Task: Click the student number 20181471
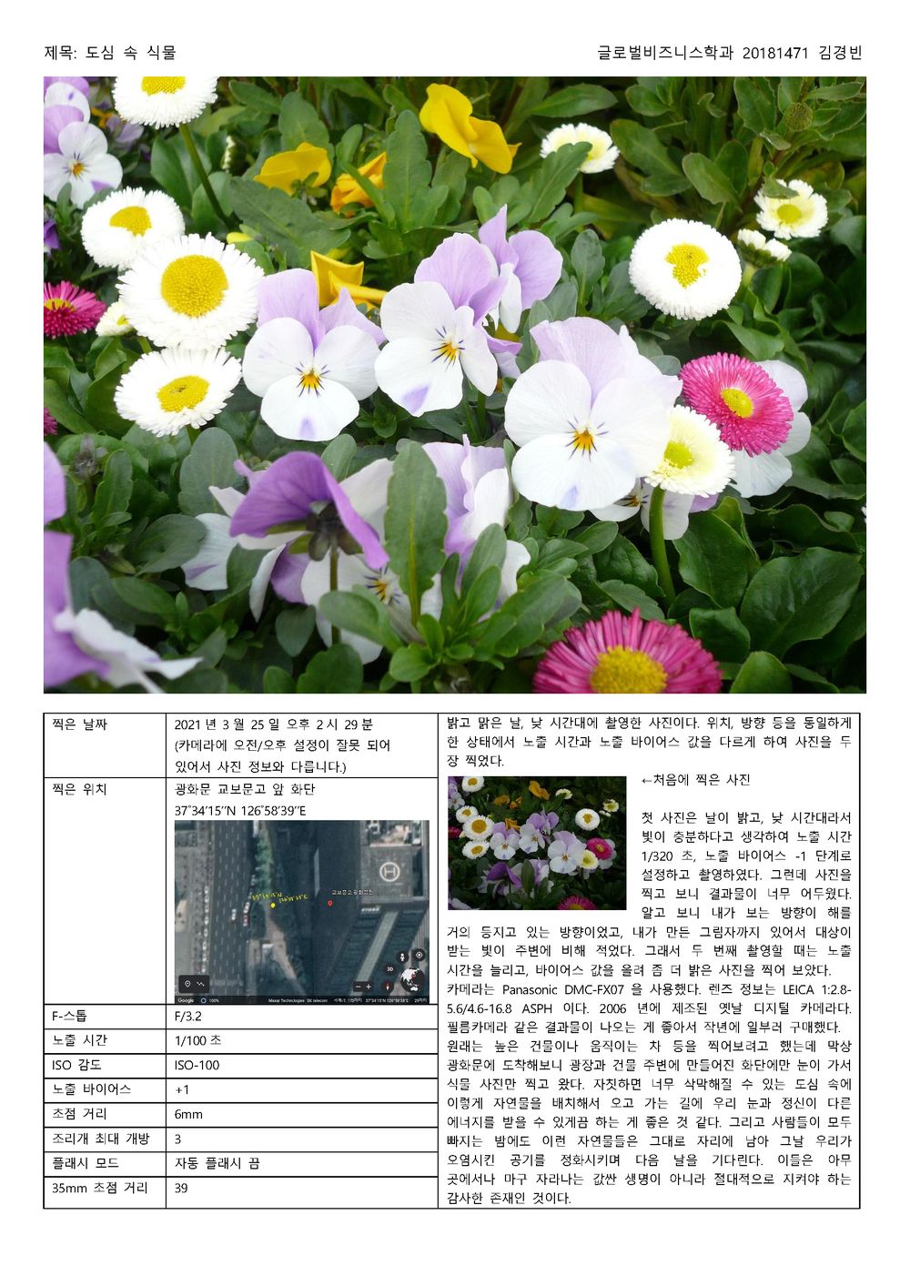[x=774, y=53]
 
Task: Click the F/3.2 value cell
[x=188, y=1017]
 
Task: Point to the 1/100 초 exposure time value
[x=197, y=1040]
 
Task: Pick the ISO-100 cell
[x=197, y=1065]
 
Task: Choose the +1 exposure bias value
[x=182, y=1089]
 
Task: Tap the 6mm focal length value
[x=188, y=1114]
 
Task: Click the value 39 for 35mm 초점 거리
[x=181, y=1188]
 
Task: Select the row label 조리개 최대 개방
[x=101, y=1139]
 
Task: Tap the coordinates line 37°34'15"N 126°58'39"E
[x=240, y=810]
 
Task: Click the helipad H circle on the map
[x=389, y=871]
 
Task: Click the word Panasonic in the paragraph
[x=532, y=989]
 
